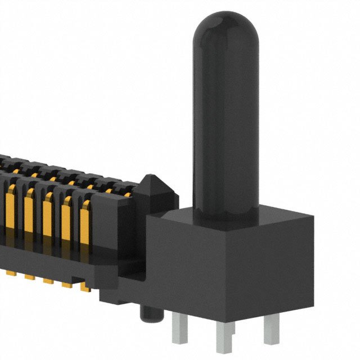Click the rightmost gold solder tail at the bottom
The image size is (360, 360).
pos(84,287)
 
